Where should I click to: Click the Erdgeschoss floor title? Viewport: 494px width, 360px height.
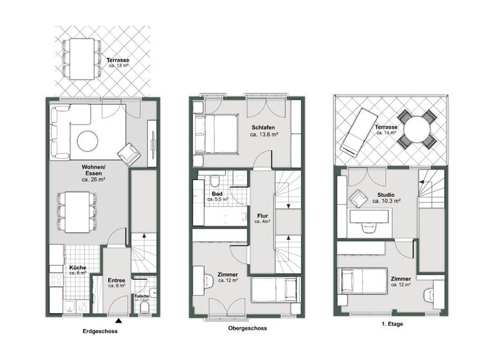pos(101,332)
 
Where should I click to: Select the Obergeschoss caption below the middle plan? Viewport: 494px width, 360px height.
pos(247,328)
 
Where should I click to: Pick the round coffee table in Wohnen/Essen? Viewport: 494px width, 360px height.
pos(87,139)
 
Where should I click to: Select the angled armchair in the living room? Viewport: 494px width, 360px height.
pos(128,153)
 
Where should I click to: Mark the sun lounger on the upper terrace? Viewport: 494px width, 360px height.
pos(358,132)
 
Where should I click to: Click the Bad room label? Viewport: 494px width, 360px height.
pos(217,194)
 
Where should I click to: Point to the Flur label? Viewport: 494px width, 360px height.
pos(262,216)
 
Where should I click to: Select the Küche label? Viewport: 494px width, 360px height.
pos(77,267)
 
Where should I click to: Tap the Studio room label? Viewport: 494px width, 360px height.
pos(387,195)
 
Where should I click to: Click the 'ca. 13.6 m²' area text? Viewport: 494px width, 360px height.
pos(264,136)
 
